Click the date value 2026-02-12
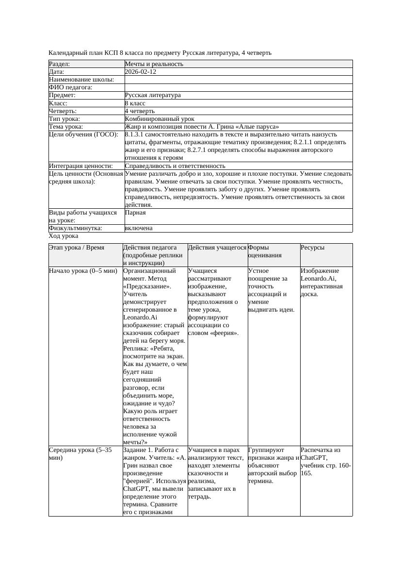140,72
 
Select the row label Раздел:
60,64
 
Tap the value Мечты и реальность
154,64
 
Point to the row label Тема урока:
66,127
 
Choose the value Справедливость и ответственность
175,166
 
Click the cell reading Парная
135,213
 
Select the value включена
139,228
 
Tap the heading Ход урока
64,236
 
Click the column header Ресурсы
313,248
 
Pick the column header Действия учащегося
217,248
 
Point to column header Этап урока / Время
77,248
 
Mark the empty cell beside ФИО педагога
238,87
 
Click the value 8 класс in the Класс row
135,103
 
